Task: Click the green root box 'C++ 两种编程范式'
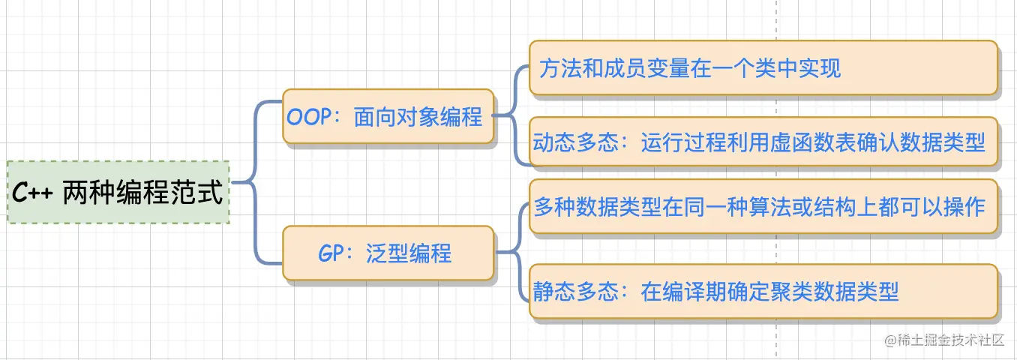118,192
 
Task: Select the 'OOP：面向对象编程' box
388,116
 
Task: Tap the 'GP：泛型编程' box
388,253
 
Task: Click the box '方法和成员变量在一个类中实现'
763,68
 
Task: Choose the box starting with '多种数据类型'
763,207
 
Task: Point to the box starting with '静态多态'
763,291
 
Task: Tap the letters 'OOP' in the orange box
309,117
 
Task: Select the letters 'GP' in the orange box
331,253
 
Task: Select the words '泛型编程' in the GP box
409,253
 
